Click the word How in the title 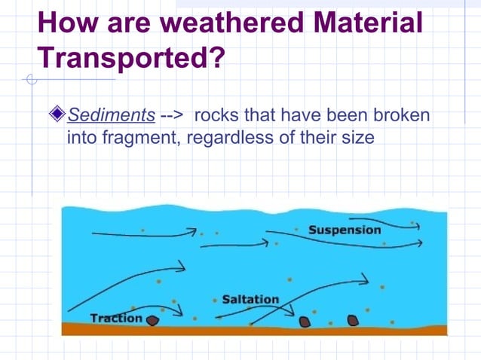click(x=67, y=22)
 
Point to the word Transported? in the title click(x=131, y=57)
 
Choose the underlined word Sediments click(x=112, y=115)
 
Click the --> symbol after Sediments click(x=173, y=115)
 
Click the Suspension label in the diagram click(x=345, y=230)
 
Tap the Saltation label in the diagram click(x=250, y=299)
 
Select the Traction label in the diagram click(x=116, y=318)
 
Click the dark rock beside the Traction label click(x=152, y=320)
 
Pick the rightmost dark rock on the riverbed click(x=352, y=320)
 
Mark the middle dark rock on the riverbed click(x=305, y=322)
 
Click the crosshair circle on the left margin click(x=31, y=79)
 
